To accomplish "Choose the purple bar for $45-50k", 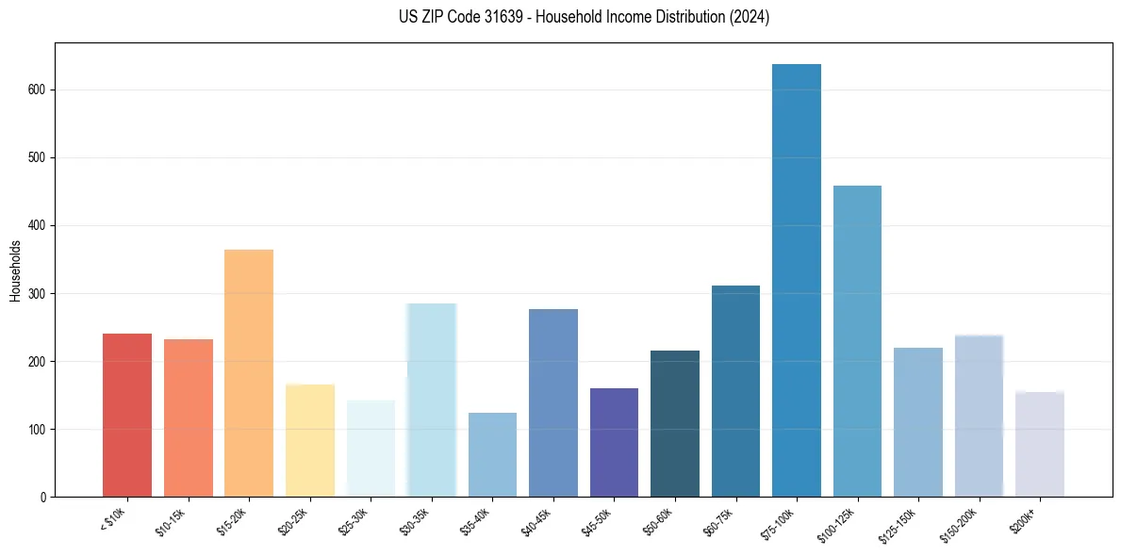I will click(614, 442).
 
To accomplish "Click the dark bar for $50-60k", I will click(675, 423).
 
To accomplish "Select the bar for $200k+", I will click(1040, 444).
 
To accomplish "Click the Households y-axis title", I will click(16, 270).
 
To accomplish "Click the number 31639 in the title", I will click(503, 17).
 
